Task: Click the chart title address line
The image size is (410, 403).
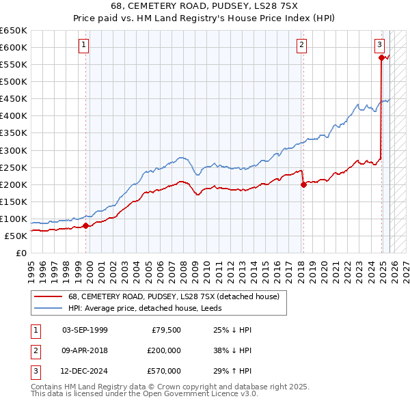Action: [x=205, y=5]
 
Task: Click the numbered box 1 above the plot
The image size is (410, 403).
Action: [x=83, y=45]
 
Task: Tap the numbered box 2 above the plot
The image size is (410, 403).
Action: [x=301, y=45]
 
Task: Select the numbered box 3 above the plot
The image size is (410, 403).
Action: [x=379, y=45]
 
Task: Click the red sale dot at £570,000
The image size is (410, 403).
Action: [x=381, y=58]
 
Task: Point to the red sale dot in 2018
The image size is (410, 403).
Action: [x=303, y=184]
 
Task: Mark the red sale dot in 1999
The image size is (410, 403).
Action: [x=85, y=225]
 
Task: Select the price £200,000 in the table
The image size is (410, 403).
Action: [x=163, y=350]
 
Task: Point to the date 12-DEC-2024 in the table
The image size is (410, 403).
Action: [x=84, y=371]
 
